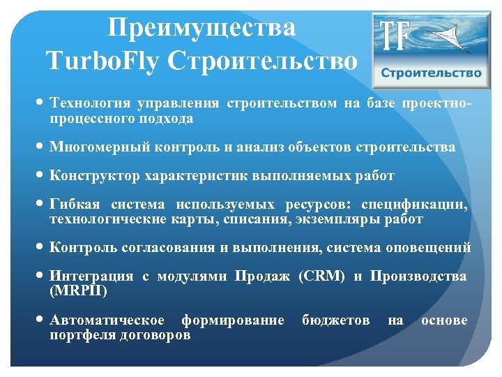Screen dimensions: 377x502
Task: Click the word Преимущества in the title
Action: (x=202, y=27)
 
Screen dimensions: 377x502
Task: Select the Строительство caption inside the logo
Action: (x=431, y=73)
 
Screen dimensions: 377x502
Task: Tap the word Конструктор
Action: (x=94, y=176)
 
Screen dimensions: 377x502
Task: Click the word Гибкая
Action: (x=73, y=205)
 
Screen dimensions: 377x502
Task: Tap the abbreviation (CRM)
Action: (x=321, y=276)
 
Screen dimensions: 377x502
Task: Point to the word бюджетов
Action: (x=336, y=320)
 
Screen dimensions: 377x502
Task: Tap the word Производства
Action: (x=418, y=276)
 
